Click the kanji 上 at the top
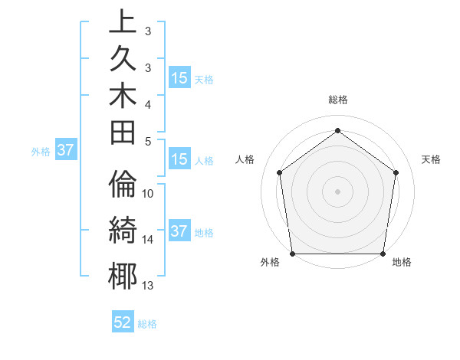click(123, 21)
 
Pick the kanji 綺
click(123, 229)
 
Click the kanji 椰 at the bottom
click(123, 274)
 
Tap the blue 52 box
click(123, 322)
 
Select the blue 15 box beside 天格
click(179, 77)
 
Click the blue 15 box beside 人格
click(179, 159)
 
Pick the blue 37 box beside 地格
click(179, 231)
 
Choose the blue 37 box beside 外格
click(66, 150)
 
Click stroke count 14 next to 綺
click(148, 240)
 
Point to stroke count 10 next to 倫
click(148, 193)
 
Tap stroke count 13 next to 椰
click(148, 286)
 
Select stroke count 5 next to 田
click(148, 141)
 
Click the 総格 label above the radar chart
click(338, 100)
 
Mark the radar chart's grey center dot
click(338, 191)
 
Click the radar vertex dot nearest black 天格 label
click(396, 172)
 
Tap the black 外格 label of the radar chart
click(271, 263)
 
